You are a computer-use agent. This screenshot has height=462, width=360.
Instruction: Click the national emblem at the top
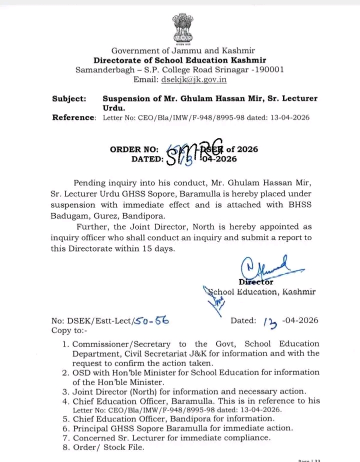tap(182, 28)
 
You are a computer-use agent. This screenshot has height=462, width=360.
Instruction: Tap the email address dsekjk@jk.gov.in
tap(193, 79)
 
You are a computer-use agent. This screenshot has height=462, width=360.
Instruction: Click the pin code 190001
tap(268, 70)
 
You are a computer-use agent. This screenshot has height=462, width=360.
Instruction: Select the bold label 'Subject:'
tap(69, 98)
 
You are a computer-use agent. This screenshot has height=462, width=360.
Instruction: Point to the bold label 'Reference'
tap(73, 117)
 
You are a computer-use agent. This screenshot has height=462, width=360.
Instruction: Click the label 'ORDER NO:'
tap(134, 149)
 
